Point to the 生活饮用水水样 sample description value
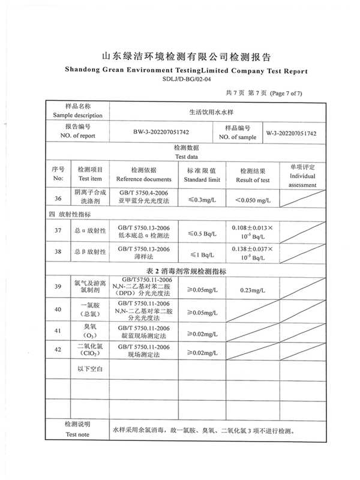212,111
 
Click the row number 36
58,199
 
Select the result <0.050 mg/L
253,199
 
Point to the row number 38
58,252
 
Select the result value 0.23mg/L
253,290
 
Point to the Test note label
77,434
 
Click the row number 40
58,310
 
